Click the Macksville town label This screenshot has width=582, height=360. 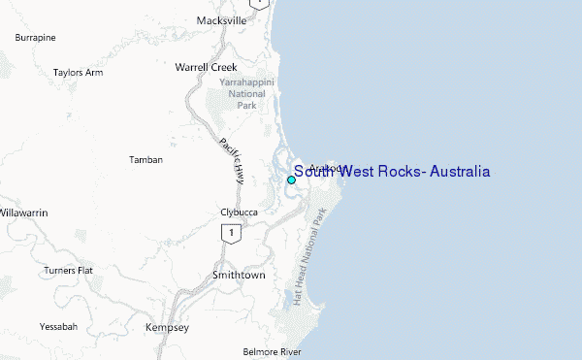[x=222, y=19]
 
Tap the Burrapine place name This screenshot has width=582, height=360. [x=35, y=37]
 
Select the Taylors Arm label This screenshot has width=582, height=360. [x=79, y=72]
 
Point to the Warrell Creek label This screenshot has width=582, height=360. [x=206, y=67]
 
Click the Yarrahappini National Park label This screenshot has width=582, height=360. [x=248, y=94]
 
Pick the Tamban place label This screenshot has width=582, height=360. [x=145, y=159]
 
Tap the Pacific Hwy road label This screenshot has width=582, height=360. [x=233, y=159]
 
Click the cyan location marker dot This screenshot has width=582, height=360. [x=291, y=180]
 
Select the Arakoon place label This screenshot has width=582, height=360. [x=327, y=167]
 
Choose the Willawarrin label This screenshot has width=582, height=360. [x=22, y=212]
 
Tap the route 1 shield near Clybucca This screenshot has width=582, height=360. [x=229, y=233]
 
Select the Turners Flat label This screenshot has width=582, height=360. [x=68, y=270]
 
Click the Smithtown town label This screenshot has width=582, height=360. [x=239, y=275]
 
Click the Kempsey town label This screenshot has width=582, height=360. [x=167, y=328]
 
